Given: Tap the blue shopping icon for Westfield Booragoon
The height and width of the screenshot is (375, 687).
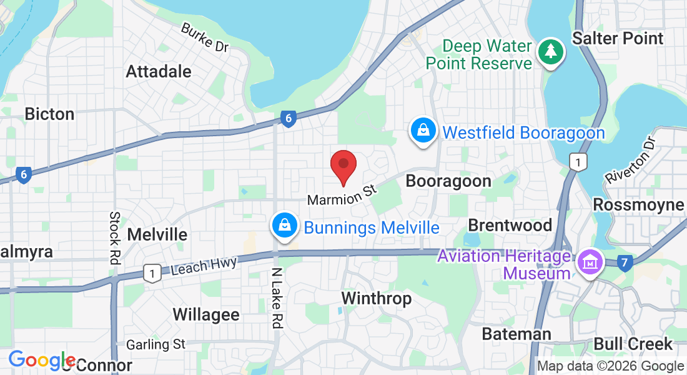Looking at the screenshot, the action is point(423,131).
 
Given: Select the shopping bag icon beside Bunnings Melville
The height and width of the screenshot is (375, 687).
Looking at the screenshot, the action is point(284,226).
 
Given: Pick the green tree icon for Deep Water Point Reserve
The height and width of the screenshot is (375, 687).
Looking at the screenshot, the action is point(551,52).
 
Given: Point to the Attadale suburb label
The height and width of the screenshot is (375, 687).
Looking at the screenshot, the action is point(159,71).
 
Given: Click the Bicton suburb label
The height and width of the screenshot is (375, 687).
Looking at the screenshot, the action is point(49,114).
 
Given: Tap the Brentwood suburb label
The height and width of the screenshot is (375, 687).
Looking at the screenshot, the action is point(510,225).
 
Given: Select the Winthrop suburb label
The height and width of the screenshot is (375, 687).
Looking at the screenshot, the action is point(377,299).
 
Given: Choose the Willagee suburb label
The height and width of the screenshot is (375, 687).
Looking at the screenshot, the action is point(205,314).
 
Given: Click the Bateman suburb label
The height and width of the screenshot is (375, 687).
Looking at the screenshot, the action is point(516,334).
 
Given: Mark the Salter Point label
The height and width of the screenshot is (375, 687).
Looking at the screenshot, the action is point(618,38).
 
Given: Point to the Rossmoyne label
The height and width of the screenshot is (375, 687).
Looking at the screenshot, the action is point(638,205).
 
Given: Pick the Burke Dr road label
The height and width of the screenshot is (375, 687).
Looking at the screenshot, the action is point(205,38).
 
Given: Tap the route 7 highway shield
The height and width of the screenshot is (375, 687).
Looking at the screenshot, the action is point(623,263).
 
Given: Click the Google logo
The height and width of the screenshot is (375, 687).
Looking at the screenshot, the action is point(42,360).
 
